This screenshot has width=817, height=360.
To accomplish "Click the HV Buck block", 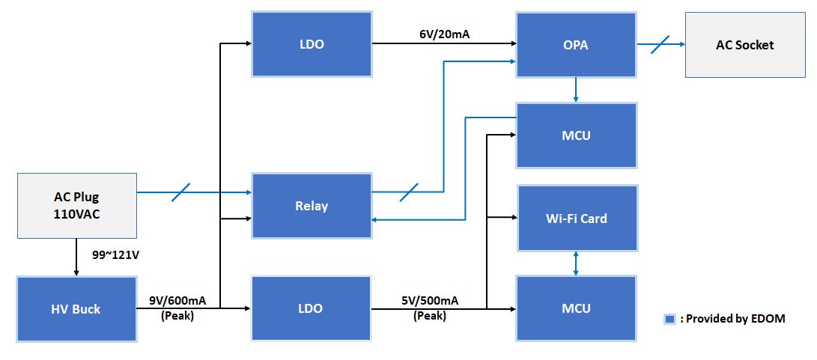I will click(76, 309).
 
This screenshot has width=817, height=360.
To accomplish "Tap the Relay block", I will click(312, 206).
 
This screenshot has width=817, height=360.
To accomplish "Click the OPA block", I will click(576, 45).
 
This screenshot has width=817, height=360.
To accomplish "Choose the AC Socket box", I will click(744, 45).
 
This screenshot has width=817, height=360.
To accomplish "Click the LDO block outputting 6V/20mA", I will click(312, 44).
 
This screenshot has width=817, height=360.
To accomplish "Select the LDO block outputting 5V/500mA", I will click(312, 308).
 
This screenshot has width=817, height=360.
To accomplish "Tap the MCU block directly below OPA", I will click(576, 135).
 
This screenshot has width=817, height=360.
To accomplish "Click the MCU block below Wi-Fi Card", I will click(576, 308).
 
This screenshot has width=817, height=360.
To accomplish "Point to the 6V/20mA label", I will click(443, 34).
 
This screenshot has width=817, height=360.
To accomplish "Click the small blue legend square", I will click(669, 319).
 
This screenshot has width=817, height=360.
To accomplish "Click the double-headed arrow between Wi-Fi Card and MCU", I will click(576, 263).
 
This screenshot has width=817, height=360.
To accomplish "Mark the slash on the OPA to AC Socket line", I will click(660, 44).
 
